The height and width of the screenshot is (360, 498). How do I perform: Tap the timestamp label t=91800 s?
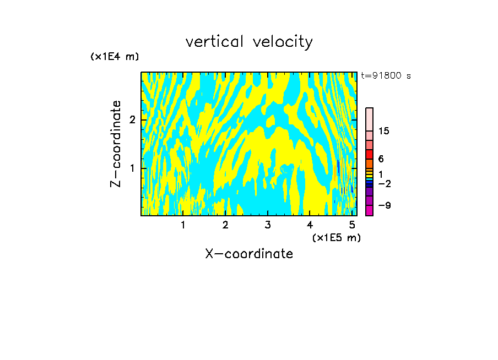click(x=386, y=76)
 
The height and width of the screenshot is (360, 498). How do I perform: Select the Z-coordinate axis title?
click(x=116, y=144)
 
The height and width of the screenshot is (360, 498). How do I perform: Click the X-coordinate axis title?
click(x=249, y=254)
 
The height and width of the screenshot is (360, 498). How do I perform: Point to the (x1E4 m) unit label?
click(x=115, y=56)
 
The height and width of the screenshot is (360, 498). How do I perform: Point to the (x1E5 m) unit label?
click(x=336, y=237)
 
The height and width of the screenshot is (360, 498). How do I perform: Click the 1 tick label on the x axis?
click(x=183, y=225)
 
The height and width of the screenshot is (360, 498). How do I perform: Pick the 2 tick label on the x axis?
click(x=225, y=225)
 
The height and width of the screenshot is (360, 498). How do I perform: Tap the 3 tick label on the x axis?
click(x=268, y=225)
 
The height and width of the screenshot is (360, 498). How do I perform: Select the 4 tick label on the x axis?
click(x=310, y=225)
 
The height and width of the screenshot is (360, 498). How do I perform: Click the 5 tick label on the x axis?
click(x=352, y=225)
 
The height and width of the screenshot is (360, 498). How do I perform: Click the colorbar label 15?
click(x=384, y=131)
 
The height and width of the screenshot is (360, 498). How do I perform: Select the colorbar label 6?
click(x=381, y=159)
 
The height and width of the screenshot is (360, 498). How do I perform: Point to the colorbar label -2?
click(x=383, y=183)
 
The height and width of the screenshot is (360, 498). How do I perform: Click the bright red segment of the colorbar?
click(x=369, y=154)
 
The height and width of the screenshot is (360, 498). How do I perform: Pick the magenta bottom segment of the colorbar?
click(x=369, y=210)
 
